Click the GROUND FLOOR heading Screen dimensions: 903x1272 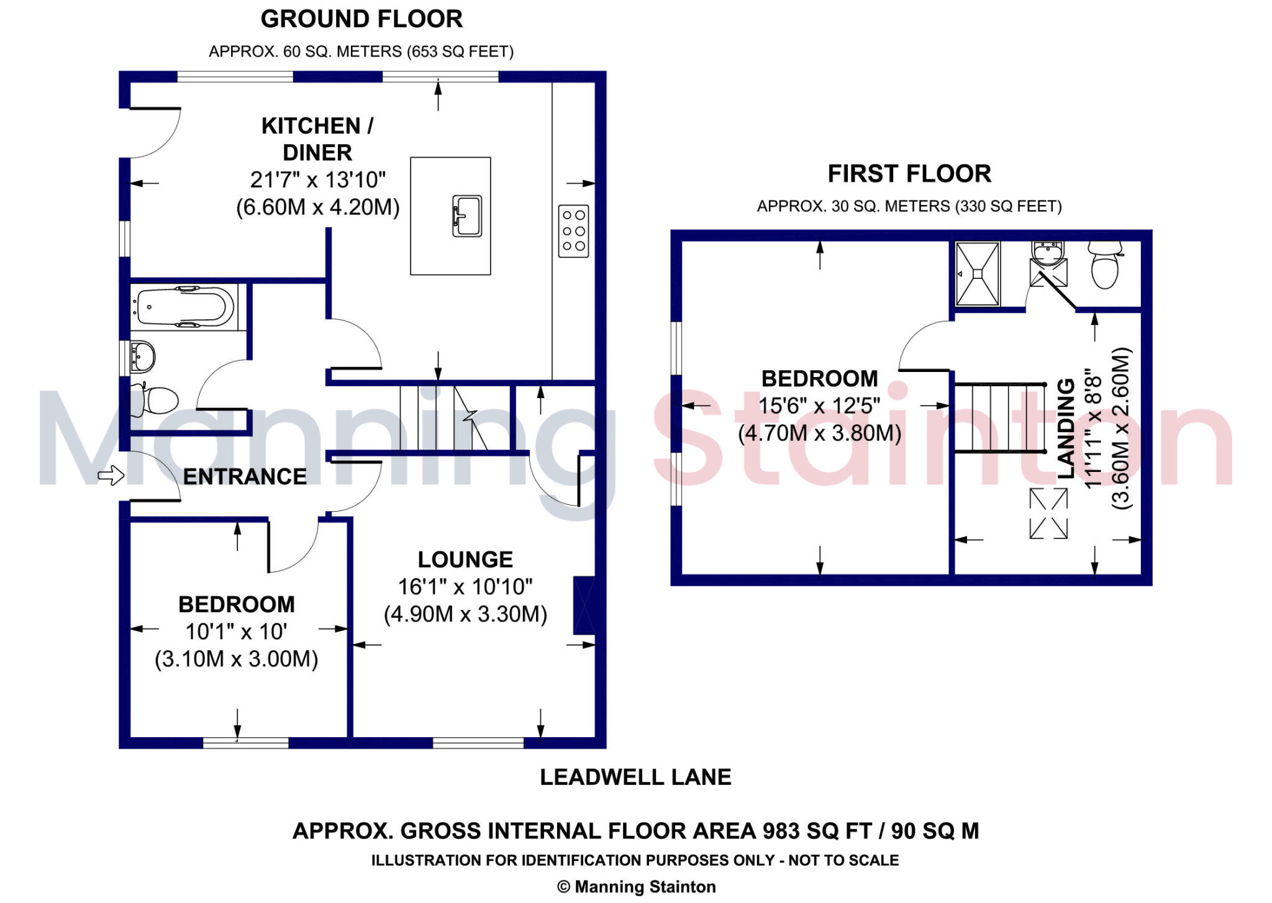pyautogui.click(x=361, y=19)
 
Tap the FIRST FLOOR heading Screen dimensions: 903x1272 pyautogui.click(x=909, y=174)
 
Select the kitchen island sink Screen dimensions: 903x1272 pyautogui.click(x=467, y=216)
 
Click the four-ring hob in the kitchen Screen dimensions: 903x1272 pyautogui.click(x=573, y=230)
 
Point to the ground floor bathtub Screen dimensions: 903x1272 pyautogui.click(x=184, y=306)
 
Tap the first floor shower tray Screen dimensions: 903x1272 pyautogui.click(x=978, y=274)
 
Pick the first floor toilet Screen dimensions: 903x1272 pyautogui.click(x=1104, y=265)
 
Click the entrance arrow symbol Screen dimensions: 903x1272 pyautogui.click(x=111, y=476)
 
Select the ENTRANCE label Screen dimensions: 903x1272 pyautogui.click(x=245, y=477)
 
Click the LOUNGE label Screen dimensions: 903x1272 pyautogui.click(x=465, y=560)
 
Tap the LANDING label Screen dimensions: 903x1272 pyautogui.click(x=1066, y=429)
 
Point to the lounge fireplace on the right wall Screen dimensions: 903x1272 pyautogui.click(x=584, y=606)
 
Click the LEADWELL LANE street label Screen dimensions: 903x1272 pyautogui.click(x=635, y=777)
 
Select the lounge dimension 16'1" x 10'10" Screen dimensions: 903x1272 pyautogui.click(x=465, y=587)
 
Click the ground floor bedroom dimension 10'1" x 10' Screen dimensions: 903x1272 pyautogui.click(x=236, y=632)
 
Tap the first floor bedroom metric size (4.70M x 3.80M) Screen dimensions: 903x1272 pyautogui.click(x=819, y=433)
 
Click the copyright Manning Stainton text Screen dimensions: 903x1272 pyautogui.click(x=637, y=887)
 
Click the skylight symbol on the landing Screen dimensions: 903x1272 pyautogui.click(x=1048, y=514)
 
